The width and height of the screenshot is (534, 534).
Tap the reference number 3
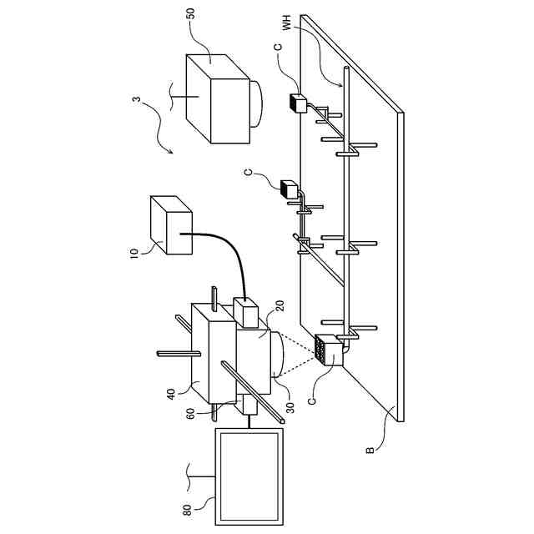(136, 101)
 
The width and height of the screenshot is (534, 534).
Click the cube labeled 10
(171, 224)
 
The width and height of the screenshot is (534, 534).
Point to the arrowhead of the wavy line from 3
(170, 153)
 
